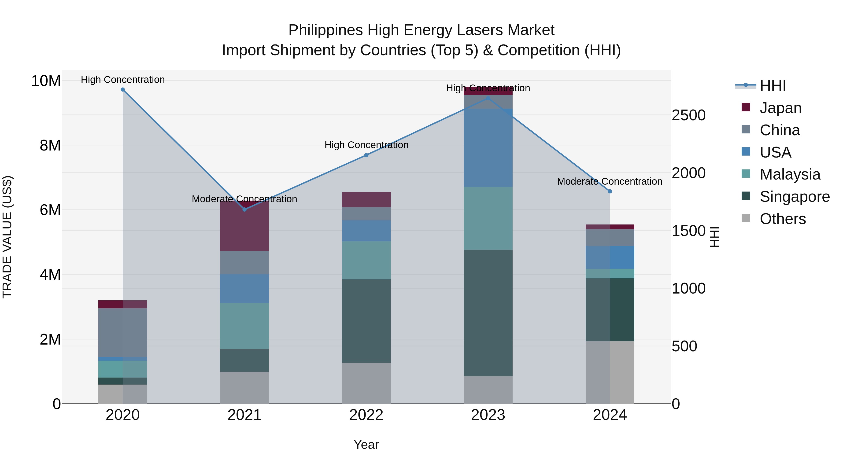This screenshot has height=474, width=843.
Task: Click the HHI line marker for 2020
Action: (123, 90)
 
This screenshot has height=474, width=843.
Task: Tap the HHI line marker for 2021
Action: (244, 209)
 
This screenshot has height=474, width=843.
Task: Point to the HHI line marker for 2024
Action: (610, 191)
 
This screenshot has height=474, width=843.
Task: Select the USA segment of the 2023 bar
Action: (488, 148)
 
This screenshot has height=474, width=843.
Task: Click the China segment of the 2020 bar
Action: (123, 332)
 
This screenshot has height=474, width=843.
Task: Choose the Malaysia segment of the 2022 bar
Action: (366, 260)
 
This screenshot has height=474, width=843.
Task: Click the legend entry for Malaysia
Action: (789, 174)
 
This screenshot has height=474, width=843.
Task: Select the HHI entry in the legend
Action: (772, 86)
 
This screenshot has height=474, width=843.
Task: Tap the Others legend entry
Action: (782, 219)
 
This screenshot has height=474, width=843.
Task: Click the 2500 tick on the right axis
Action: (688, 115)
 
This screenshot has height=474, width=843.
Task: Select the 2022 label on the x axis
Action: (366, 415)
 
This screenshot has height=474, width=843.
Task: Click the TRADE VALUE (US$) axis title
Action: (7, 237)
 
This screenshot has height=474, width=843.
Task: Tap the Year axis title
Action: (366, 445)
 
